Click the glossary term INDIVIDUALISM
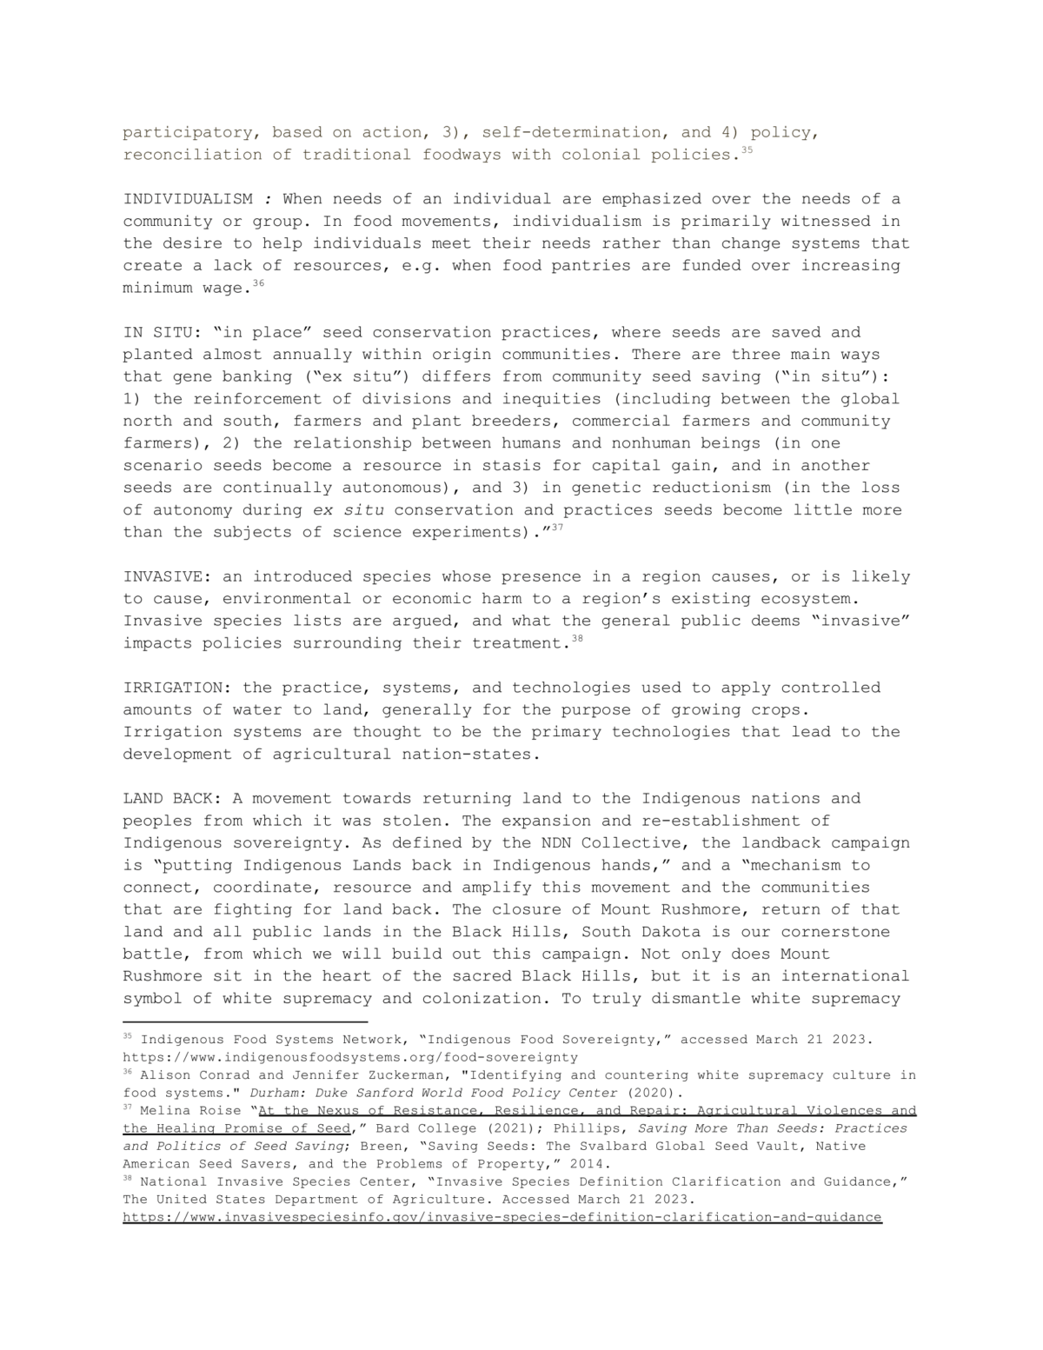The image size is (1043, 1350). coord(188,199)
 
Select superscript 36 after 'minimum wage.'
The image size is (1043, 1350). coord(257,283)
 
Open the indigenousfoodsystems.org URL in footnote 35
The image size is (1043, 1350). coord(350,1057)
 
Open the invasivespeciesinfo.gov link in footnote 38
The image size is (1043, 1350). coord(502,1217)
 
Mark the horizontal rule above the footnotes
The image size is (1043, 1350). coord(245,1022)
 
